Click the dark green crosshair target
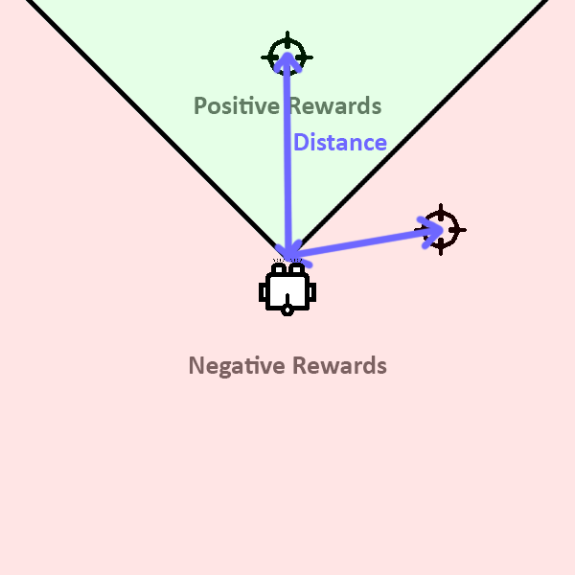(287, 55)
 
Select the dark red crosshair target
(441, 229)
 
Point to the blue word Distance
(340, 143)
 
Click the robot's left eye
(278, 270)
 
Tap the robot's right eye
(297, 270)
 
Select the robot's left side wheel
(264, 291)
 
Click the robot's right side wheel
(311, 291)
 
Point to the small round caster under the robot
(287, 311)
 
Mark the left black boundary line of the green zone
(144, 115)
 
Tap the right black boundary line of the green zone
(431, 115)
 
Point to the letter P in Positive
(200, 105)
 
